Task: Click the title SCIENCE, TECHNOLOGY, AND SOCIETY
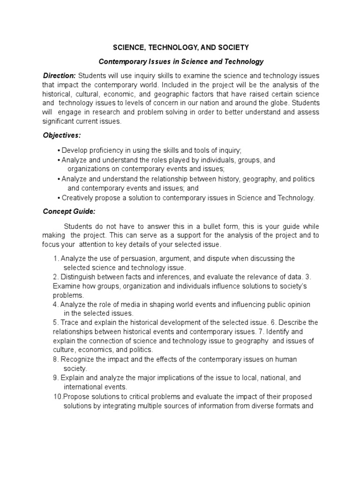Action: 180,47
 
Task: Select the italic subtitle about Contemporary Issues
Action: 180,61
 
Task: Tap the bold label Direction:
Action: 59,75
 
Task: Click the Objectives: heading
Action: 62,135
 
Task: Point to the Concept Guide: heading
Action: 69,211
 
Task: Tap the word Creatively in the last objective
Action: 77,198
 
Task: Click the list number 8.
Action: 55,359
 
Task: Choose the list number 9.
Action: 55,377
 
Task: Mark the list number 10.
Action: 57,396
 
